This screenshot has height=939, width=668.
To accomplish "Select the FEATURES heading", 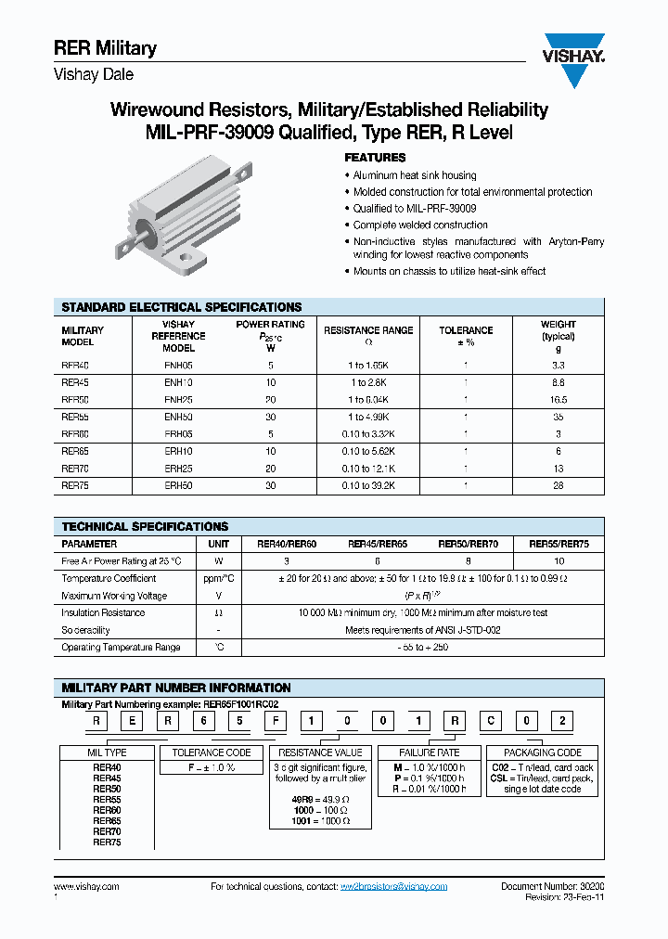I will tap(375, 158).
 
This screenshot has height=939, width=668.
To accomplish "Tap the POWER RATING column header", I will tap(270, 325).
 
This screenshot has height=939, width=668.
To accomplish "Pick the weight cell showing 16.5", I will tap(558, 399).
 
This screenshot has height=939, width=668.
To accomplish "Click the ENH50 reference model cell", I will tap(178, 417).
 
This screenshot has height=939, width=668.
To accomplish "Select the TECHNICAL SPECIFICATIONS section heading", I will tap(145, 526).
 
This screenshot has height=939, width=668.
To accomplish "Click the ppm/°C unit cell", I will tap(219, 578).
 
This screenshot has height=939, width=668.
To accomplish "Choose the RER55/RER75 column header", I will tap(559, 544).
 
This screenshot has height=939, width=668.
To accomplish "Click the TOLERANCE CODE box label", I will tap(212, 752).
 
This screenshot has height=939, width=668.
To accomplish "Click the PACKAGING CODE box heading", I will tap(543, 752).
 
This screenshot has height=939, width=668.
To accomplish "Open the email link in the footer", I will tap(393, 887).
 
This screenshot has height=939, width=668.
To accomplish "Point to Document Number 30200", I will tap(552, 887).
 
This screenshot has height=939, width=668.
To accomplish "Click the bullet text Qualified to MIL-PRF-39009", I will tap(415, 209).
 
